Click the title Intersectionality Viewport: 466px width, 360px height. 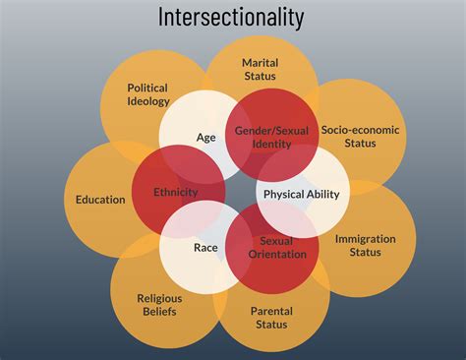click(232, 18)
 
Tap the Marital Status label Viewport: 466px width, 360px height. click(261, 70)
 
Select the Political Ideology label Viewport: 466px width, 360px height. click(149, 93)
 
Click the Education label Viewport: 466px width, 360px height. click(100, 200)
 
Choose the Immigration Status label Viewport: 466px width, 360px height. click(365, 245)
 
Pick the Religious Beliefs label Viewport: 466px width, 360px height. click(159, 305)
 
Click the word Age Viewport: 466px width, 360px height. click(205, 138)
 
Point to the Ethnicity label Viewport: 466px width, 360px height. click(176, 192)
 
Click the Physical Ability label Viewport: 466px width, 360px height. click(301, 194)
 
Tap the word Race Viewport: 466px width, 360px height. click(205, 248)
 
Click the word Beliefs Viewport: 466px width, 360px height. click(159, 312)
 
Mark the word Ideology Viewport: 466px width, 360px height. click(149, 100)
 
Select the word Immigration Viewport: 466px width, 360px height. click(365, 239)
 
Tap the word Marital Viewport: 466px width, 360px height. click(261, 63)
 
